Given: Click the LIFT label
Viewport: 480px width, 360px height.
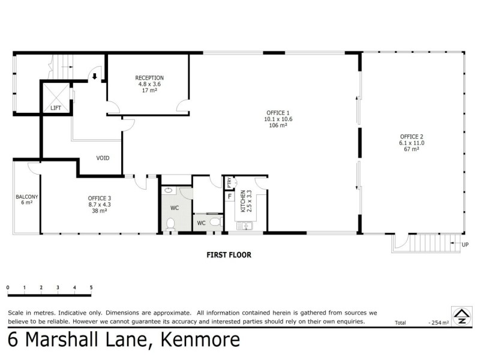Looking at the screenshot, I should pos(56,108).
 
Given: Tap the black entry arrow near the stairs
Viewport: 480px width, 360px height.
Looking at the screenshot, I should pos(95,76).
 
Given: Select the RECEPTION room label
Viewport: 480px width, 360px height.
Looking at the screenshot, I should pos(149,78).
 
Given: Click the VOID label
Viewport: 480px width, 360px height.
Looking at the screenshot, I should pos(103,158).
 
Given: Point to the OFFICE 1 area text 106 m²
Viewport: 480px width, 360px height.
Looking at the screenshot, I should pos(278,125).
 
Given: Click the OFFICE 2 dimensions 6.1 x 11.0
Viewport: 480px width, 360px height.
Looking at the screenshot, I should pos(411,143).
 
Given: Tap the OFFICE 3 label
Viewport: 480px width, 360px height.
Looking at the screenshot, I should pos(99,198).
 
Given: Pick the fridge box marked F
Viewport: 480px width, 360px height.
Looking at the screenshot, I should pos(229,196).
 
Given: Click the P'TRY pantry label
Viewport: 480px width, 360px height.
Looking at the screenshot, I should pos(229,182).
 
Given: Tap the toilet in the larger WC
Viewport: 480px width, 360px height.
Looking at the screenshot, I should pos(170,224).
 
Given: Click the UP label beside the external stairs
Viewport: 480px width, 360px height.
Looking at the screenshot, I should pos(465,244).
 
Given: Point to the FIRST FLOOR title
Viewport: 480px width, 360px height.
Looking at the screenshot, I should pos(229,255).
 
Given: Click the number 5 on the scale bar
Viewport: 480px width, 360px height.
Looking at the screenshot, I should pos(91,288).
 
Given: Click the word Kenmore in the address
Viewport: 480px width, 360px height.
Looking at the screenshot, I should pos(199,340).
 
